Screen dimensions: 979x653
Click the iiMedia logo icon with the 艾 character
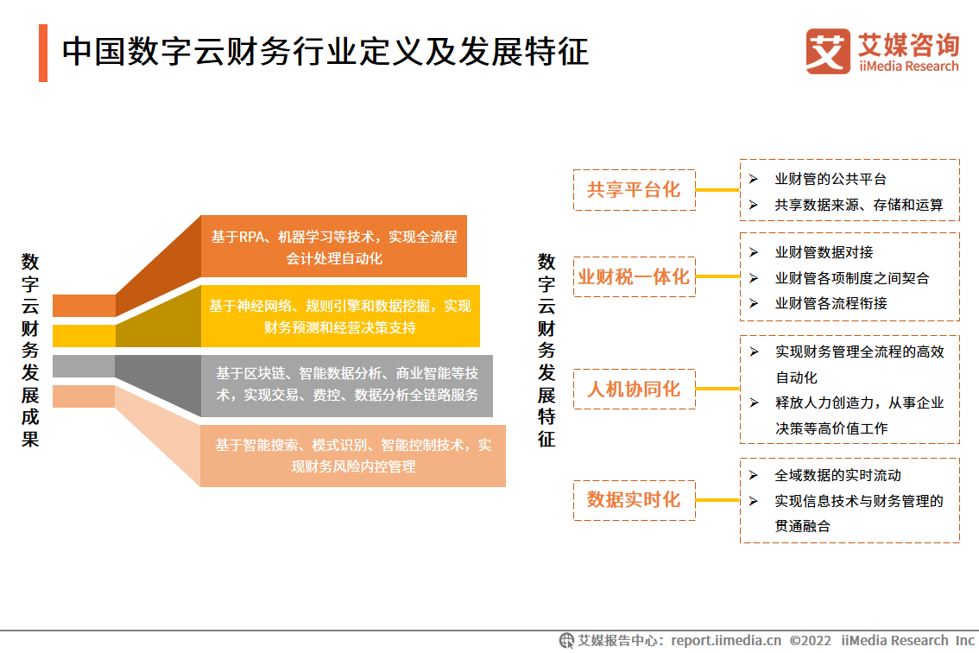click(828, 51)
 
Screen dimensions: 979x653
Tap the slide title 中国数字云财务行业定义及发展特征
click(325, 52)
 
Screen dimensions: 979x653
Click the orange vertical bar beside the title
click(43, 53)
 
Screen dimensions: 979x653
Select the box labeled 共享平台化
click(635, 190)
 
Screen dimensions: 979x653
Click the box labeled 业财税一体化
click(635, 276)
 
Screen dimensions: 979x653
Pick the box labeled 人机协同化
click(635, 389)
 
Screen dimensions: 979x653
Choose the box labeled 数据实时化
click(635, 500)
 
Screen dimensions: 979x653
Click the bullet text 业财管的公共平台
click(831, 180)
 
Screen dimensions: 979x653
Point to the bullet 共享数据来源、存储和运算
click(858, 205)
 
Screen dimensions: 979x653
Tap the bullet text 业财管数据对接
click(824, 252)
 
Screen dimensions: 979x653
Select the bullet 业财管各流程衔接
click(831, 304)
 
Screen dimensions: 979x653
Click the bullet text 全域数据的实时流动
click(838, 476)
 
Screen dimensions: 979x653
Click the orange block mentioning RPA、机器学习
click(334, 246)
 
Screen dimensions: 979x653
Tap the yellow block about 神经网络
click(340, 316)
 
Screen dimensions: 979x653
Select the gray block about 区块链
click(347, 385)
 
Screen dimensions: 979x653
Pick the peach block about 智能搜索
click(353, 455)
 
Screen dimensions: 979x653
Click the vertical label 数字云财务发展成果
click(30, 350)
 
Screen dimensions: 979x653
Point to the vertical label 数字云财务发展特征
click(546, 350)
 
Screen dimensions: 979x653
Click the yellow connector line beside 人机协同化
click(718, 389)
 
